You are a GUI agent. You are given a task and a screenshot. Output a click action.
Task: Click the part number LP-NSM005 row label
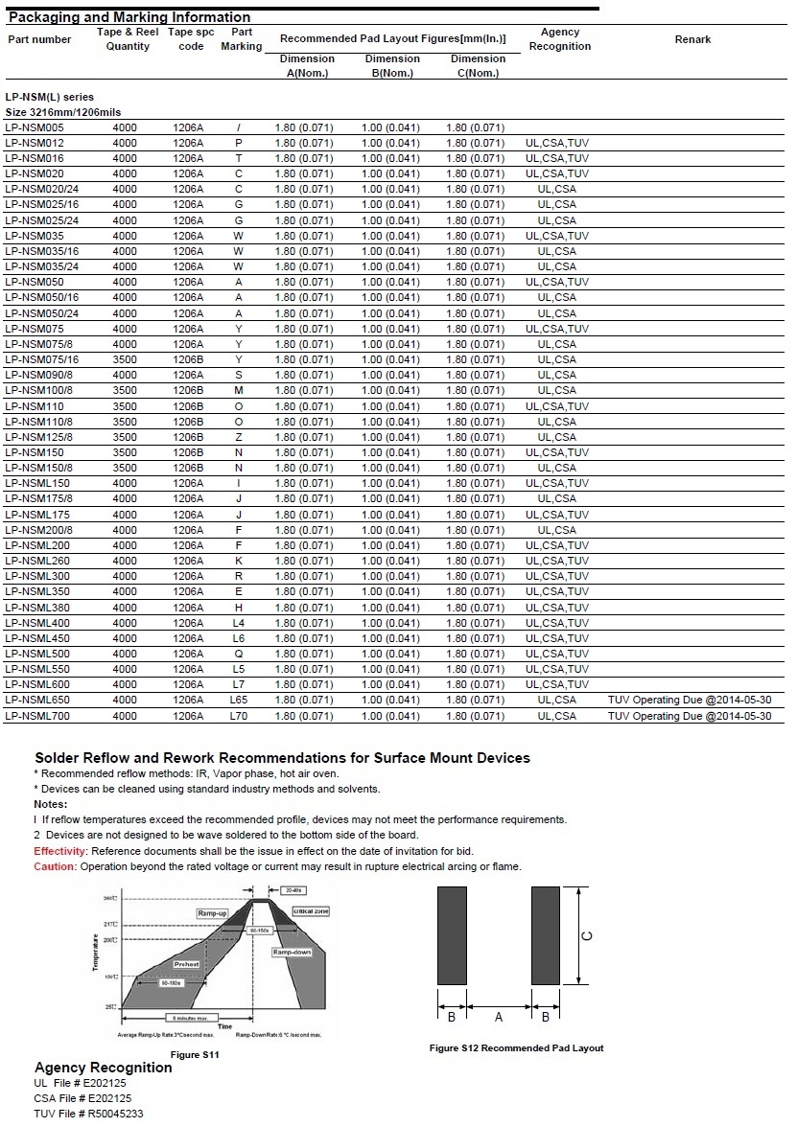pos(34,127)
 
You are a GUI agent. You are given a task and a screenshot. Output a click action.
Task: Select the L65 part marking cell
pos(239,701)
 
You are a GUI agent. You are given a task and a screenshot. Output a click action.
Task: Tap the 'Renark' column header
pos(692,39)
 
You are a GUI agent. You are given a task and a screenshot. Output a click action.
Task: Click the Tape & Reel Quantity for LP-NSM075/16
pos(125,359)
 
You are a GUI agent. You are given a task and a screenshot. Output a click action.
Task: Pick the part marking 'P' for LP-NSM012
pos(239,143)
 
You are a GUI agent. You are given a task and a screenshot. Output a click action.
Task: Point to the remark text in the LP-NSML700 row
pos(689,716)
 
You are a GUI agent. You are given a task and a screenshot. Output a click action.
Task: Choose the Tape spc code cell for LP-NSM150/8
pos(188,468)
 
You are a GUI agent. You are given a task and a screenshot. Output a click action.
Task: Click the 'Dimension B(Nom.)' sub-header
pos(392,65)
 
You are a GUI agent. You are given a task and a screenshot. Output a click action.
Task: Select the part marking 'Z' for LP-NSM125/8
pos(239,437)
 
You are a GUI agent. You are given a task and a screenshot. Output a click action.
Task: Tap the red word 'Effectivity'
pos(60,851)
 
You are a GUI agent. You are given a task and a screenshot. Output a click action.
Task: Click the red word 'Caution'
pos(54,866)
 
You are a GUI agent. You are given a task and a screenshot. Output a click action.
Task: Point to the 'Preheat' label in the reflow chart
pos(187,964)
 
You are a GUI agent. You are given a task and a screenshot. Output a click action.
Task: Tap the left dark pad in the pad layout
pos(452,936)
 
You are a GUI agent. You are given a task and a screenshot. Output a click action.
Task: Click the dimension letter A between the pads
pos(499,1017)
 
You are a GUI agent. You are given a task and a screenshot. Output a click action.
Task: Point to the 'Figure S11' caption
pos(195,1054)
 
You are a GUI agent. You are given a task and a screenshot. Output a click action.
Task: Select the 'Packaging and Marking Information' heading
pos(129,17)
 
